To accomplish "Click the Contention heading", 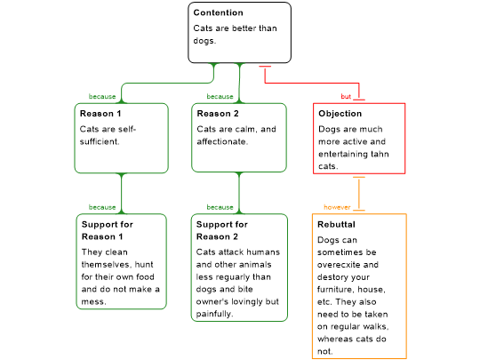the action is coord(219,12).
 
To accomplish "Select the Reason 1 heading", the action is coord(100,114).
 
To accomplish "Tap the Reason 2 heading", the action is coord(218,114).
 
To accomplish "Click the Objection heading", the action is coord(340,114).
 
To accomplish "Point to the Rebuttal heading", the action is coord(336,224).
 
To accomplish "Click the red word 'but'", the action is coord(346,96).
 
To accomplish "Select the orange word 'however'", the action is coord(337,207).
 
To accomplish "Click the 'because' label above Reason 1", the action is coord(102,96).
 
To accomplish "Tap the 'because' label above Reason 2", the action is coord(220,96).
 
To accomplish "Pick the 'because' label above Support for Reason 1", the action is coord(102,207).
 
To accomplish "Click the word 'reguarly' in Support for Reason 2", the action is coord(224,277).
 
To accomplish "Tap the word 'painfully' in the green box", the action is coord(214,314).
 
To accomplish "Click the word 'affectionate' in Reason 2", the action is coord(222,141).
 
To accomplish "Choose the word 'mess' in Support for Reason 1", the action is coord(93,302).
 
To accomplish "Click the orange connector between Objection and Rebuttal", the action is coord(359,194).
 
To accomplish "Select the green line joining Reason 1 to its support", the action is coord(122,194).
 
